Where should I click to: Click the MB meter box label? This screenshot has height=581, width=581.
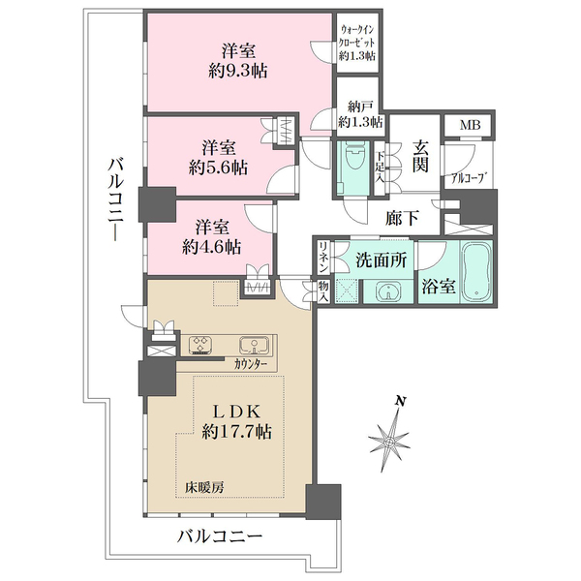(471, 125)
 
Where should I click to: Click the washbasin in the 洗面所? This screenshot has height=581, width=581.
(388, 291)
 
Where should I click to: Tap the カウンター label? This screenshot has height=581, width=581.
(251, 365)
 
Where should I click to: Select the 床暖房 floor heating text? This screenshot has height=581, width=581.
(204, 488)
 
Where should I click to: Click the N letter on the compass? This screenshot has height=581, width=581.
(399, 401)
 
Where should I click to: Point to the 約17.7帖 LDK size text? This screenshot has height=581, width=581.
(236, 432)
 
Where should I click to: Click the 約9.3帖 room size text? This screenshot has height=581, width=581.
(238, 71)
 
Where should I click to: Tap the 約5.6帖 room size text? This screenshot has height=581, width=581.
(218, 168)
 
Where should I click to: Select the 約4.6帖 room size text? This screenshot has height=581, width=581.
(211, 247)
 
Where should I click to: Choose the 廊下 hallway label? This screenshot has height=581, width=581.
(403, 218)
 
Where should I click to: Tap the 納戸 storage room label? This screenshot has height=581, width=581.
(359, 107)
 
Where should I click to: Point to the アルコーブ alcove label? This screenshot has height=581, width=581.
(469, 178)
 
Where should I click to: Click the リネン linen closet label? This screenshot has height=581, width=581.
(323, 257)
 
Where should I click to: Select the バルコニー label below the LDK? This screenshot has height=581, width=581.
(220, 536)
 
